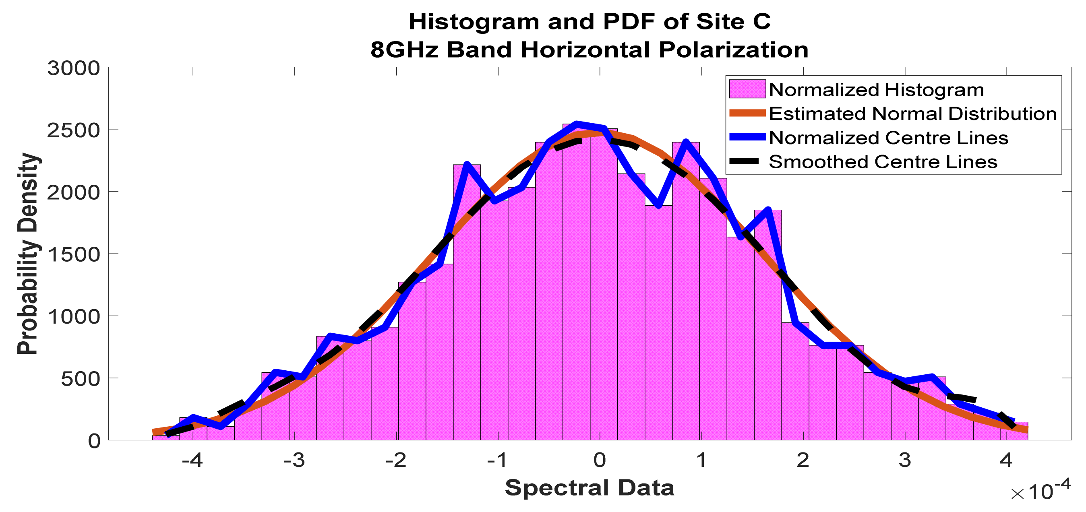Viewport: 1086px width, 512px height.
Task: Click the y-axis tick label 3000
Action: (x=74, y=68)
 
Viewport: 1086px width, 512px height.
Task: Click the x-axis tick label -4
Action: (x=192, y=460)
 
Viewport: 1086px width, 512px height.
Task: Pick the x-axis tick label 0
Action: (x=600, y=460)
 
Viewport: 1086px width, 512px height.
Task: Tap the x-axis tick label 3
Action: (x=905, y=460)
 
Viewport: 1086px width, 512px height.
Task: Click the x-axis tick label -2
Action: (x=396, y=460)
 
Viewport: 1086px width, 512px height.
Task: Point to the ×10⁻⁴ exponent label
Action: (x=1040, y=491)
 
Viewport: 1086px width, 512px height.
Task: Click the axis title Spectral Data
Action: (x=590, y=488)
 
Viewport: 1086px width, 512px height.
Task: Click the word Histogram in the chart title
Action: (x=474, y=22)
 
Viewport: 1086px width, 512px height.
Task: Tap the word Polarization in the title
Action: (x=734, y=50)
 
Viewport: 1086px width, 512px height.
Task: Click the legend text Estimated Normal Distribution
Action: (x=913, y=114)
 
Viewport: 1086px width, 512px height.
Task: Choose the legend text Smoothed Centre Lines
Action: (x=883, y=162)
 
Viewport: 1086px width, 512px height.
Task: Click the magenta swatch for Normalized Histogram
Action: (x=747, y=89)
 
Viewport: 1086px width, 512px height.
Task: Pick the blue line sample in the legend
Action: (x=747, y=137)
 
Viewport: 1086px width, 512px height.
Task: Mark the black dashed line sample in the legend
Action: (x=747, y=161)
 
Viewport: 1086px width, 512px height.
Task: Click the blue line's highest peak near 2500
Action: (x=577, y=124)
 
